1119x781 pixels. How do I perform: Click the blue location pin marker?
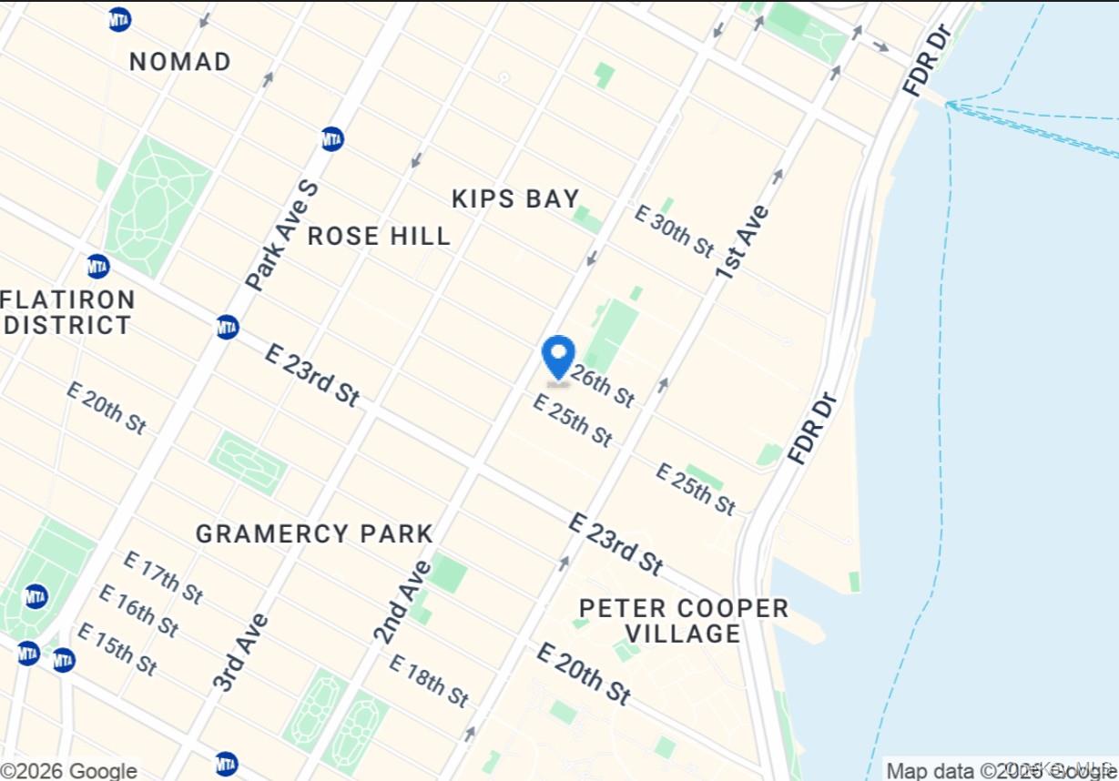pyautogui.click(x=558, y=356)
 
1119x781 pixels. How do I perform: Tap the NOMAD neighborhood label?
pyautogui.click(x=180, y=62)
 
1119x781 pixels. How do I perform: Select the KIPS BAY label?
pyautogui.click(x=515, y=198)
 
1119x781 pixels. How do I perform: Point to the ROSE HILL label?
pyautogui.click(x=379, y=237)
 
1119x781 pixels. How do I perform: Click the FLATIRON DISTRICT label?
pyautogui.click(x=68, y=312)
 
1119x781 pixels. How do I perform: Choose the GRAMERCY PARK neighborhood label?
pyautogui.click(x=314, y=533)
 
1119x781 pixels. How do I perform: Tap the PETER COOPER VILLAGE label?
pyautogui.click(x=684, y=621)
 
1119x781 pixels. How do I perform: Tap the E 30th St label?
pyautogui.click(x=675, y=231)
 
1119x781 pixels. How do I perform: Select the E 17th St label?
pyautogui.click(x=163, y=577)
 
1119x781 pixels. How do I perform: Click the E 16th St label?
pyautogui.click(x=138, y=611)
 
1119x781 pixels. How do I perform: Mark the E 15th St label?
pyautogui.click(x=117, y=648)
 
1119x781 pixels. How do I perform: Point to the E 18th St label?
pyautogui.click(x=429, y=680)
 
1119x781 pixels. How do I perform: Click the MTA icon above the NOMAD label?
pyautogui.click(x=119, y=19)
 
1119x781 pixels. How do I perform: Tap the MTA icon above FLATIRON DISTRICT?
pyautogui.click(x=98, y=267)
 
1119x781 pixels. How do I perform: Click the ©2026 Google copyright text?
pyautogui.click(x=69, y=771)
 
